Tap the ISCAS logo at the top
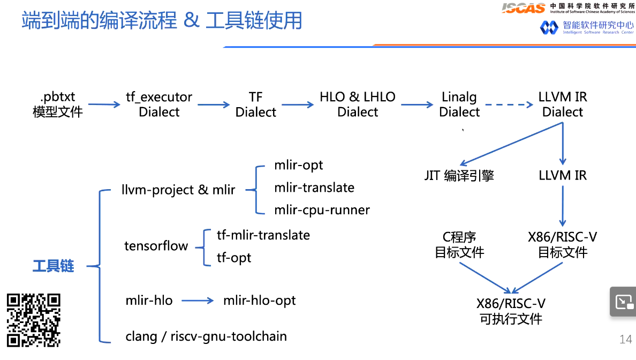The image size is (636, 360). coord(523,7)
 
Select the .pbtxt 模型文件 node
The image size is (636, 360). coord(58,104)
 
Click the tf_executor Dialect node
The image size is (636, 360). coord(159,104)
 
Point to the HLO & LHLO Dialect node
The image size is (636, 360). coord(358,104)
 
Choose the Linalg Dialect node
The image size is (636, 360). coord(459,104)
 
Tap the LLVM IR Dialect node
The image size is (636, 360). coord(563,104)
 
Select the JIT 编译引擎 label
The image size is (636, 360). coord(459,176)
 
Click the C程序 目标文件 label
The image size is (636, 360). coord(459,245)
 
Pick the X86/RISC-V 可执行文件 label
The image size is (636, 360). coord(511,311)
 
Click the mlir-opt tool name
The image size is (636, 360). coord(299,165)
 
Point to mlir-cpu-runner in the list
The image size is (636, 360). coord(322,210)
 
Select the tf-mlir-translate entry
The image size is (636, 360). coord(263,235)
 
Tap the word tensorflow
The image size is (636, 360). coord(156,246)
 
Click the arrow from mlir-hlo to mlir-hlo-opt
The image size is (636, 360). coord(198,301)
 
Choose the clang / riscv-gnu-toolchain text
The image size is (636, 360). coord(206,336)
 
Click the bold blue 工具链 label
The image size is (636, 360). coord(53,266)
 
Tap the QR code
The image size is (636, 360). coord(33,320)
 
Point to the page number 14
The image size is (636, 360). coord(625,339)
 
